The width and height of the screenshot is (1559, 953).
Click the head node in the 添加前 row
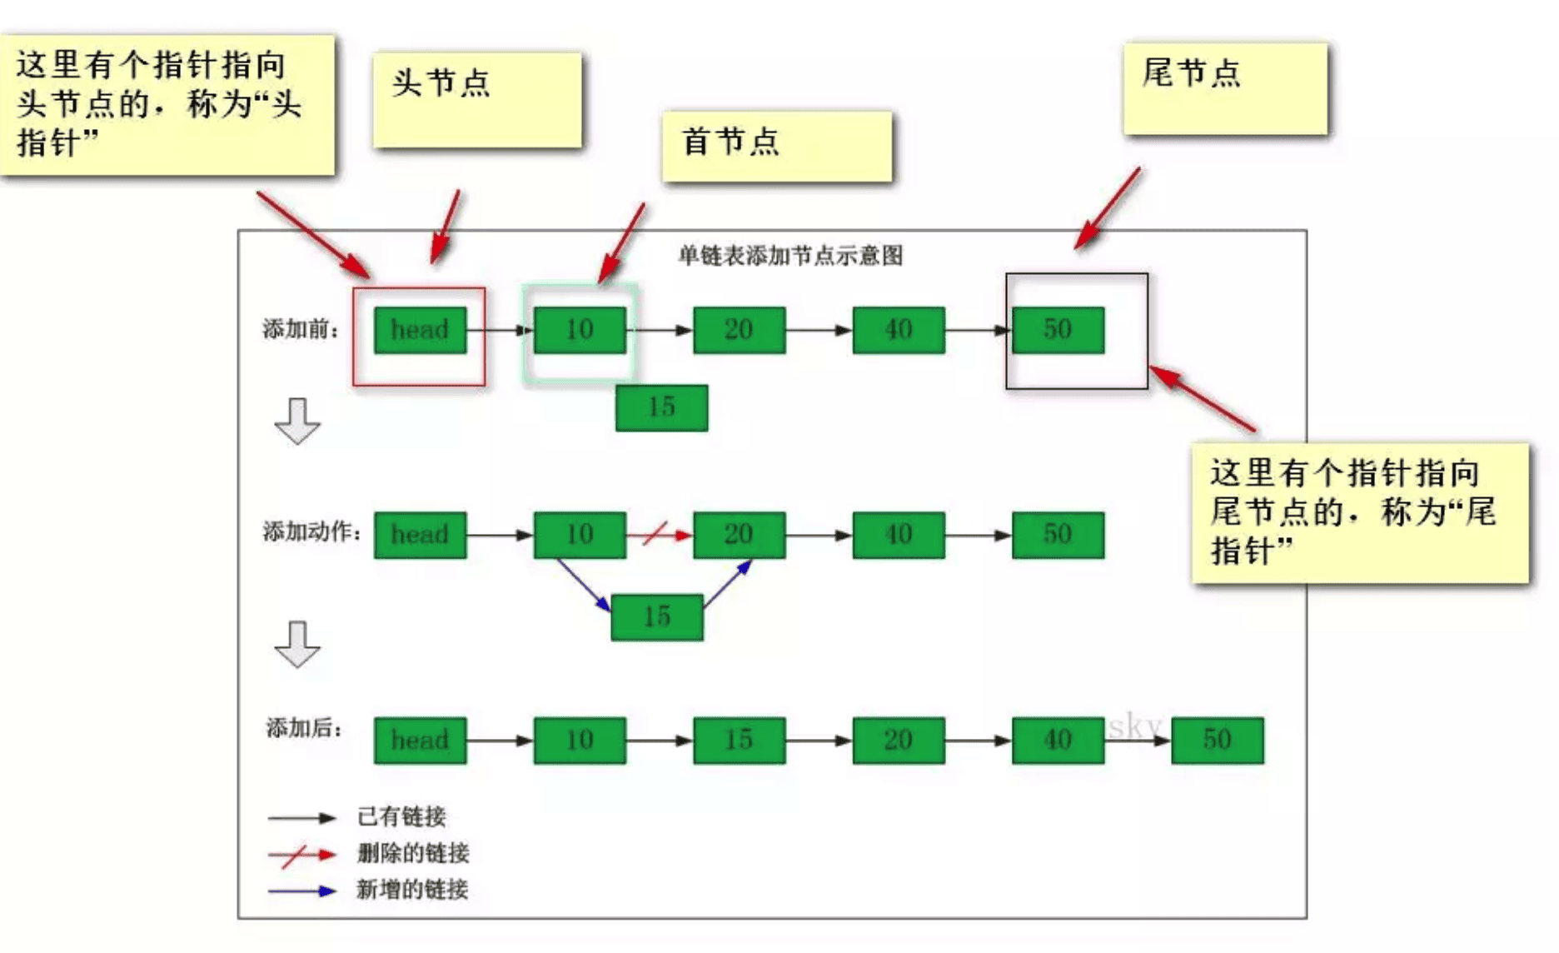click(420, 330)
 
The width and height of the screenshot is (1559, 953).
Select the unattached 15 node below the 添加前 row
click(661, 407)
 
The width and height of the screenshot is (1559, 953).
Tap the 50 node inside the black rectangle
click(1058, 330)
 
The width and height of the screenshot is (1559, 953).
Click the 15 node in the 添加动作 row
click(656, 616)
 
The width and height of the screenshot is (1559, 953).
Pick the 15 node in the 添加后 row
click(739, 740)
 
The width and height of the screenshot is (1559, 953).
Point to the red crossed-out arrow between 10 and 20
click(658, 534)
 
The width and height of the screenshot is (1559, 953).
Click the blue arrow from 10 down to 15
click(583, 585)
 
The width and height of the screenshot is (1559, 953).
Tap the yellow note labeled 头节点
click(476, 99)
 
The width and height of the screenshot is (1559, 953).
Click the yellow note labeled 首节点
click(776, 146)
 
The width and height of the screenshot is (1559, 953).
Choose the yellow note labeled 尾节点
click(1224, 88)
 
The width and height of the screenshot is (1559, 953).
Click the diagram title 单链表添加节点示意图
click(789, 256)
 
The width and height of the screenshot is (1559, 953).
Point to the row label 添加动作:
click(311, 531)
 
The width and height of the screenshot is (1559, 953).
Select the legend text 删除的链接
click(413, 853)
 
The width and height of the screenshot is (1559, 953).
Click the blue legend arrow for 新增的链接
click(301, 891)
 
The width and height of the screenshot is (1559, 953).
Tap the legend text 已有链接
click(401, 816)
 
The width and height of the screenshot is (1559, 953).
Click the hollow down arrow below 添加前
click(297, 421)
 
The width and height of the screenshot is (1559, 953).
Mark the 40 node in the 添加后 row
click(1058, 740)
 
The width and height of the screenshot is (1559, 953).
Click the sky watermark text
click(1134, 726)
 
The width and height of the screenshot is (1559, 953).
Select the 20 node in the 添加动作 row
click(739, 535)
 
